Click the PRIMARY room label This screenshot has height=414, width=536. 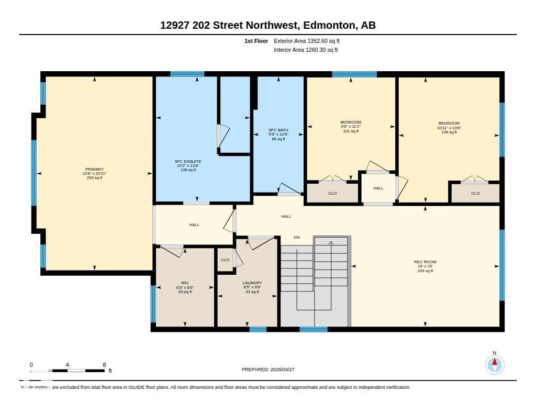pyautogui.click(x=95, y=170)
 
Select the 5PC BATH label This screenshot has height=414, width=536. pyautogui.click(x=278, y=130)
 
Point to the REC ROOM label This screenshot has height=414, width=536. pyautogui.click(x=425, y=262)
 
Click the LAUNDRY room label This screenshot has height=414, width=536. pyautogui.click(x=252, y=283)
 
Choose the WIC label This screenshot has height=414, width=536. pyautogui.click(x=185, y=283)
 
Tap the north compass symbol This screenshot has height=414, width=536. pyautogui.click(x=494, y=364)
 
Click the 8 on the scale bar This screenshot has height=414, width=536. pyautogui.click(x=104, y=365)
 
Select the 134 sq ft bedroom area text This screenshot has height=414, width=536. pyautogui.click(x=449, y=132)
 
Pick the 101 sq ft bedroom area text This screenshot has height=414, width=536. pyautogui.click(x=351, y=131)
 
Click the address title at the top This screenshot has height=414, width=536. pyautogui.click(x=268, y=25)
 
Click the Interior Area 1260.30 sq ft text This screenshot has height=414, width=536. pyautogui.click(x=306, y=50)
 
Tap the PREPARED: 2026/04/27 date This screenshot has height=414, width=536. pyautogui.click(x=268, y=370)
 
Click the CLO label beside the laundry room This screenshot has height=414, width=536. pyautogui.click(x=225, y=260)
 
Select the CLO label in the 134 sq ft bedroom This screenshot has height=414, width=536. pyautogui.click(x=475, y=194)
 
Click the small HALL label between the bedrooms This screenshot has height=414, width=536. pyautogui.click(x=378, y=188)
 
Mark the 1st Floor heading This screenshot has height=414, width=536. pyautogui.click(x=256, y=41)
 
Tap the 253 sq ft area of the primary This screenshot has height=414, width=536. pyautogui.click(x=95, y=178)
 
